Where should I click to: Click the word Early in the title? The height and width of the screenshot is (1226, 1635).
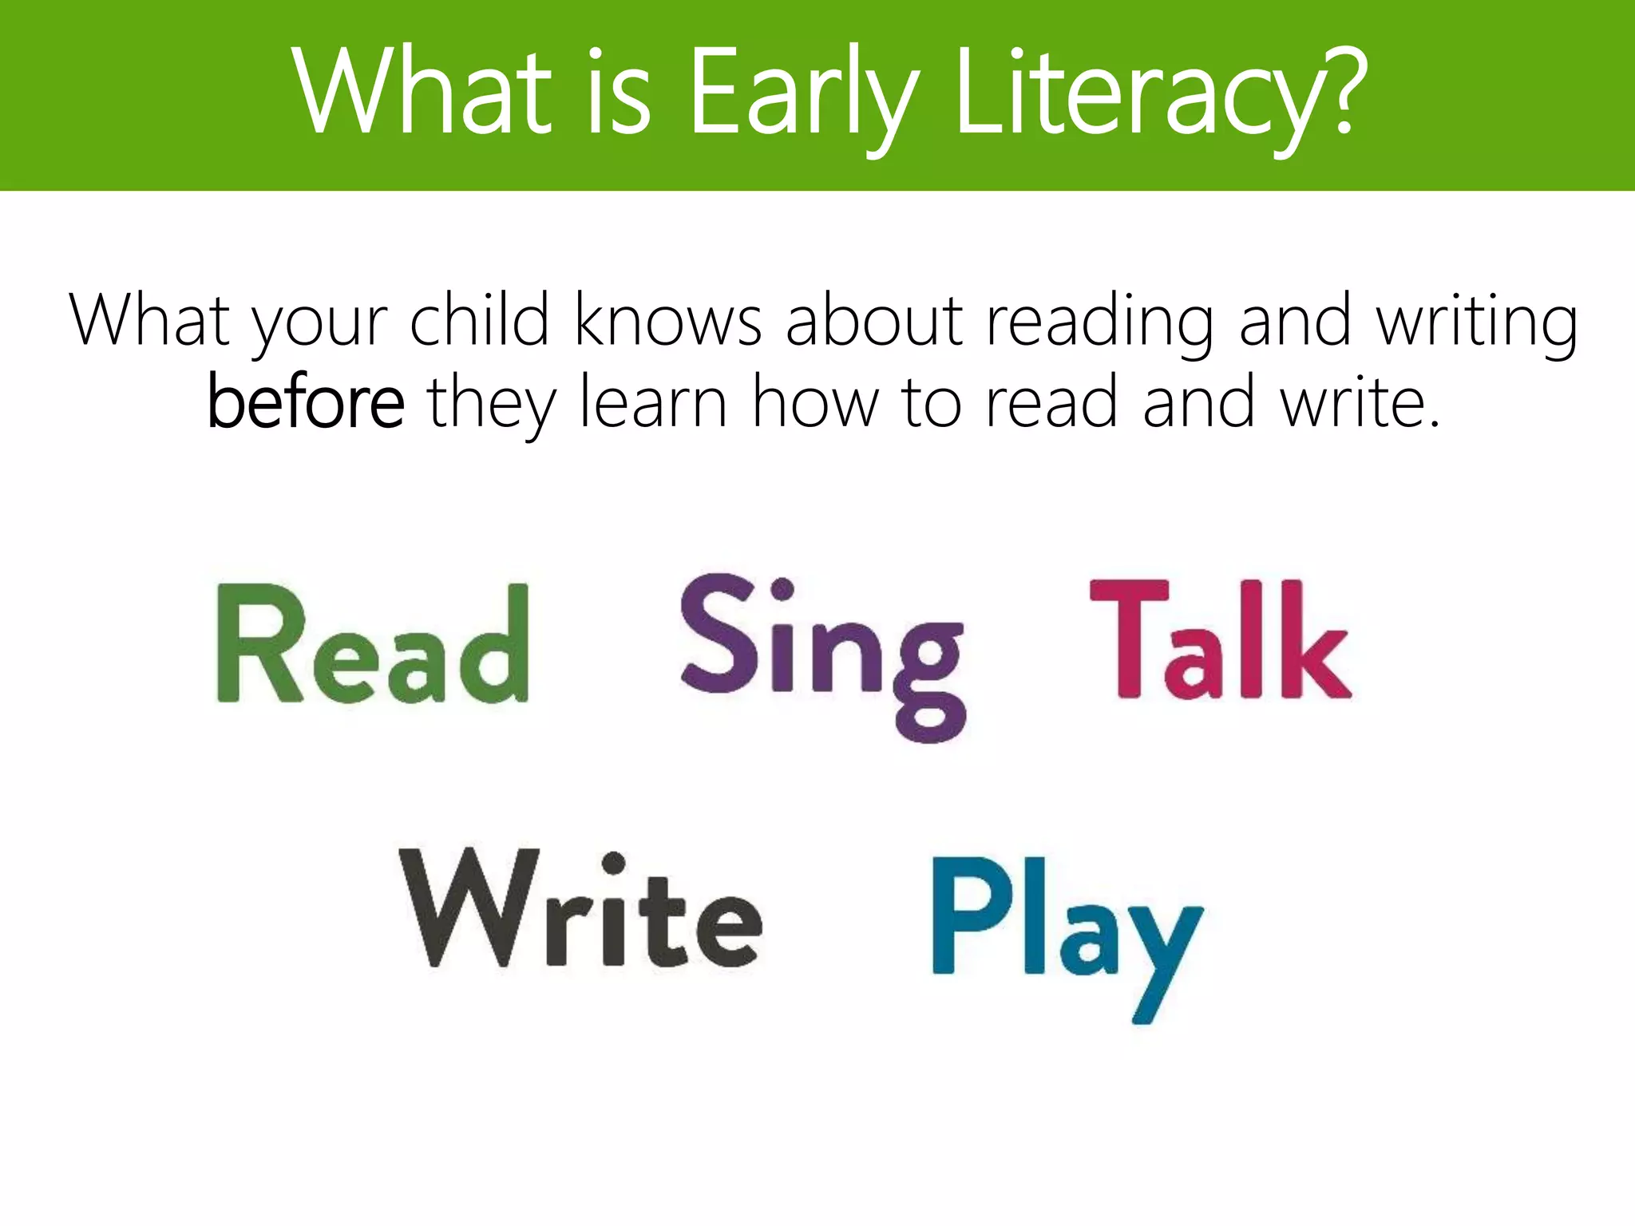click(802, 92)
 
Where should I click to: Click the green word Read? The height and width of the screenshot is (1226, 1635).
click(373, 644)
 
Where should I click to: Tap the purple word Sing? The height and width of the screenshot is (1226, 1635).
click(822, 655)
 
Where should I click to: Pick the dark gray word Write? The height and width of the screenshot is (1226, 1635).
click(580, 910)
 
